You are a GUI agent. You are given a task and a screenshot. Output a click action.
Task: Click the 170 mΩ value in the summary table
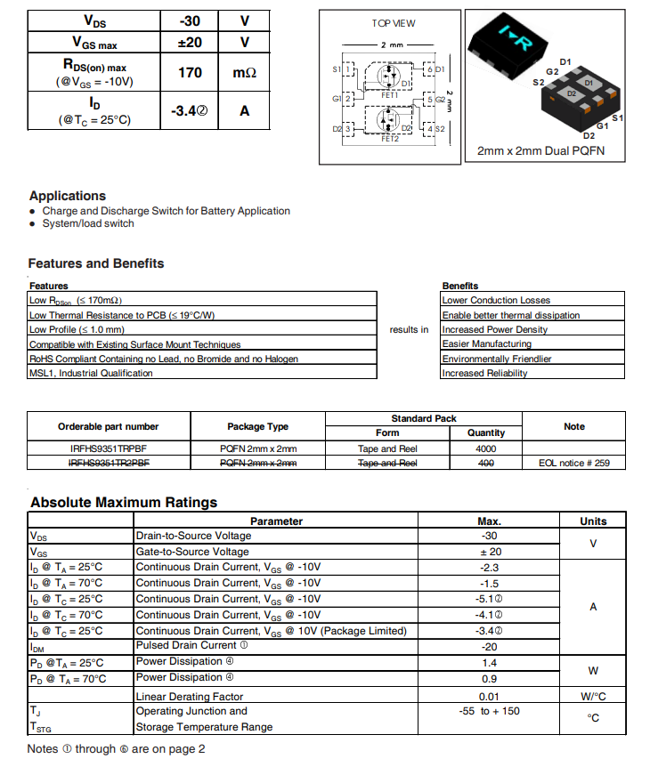190,72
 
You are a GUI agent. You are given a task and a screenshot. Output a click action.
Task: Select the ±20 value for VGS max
190,42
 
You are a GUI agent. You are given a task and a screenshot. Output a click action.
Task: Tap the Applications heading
68,196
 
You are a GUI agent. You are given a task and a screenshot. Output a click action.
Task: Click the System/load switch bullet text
88,224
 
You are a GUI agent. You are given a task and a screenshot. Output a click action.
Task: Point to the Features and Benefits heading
96,263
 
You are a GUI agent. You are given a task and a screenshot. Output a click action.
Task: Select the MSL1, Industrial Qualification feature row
91,374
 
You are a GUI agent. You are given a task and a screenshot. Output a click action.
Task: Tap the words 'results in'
409,330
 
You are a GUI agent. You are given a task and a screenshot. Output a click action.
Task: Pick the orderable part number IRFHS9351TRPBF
109,448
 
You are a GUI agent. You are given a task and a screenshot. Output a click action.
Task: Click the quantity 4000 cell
486,448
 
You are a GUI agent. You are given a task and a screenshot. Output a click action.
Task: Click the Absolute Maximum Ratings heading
124,503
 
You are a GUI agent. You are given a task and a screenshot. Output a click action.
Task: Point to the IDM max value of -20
489,647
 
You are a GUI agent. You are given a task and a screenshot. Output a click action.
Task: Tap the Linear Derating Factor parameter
190,696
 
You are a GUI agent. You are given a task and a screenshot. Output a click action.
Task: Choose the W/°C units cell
593,696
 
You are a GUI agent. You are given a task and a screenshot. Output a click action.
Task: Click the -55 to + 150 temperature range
489,711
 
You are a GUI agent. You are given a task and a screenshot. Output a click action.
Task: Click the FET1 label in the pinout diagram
390,94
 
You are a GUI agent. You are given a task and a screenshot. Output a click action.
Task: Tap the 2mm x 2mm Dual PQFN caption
540,151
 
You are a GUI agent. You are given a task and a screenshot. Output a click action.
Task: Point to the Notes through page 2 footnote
117,749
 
